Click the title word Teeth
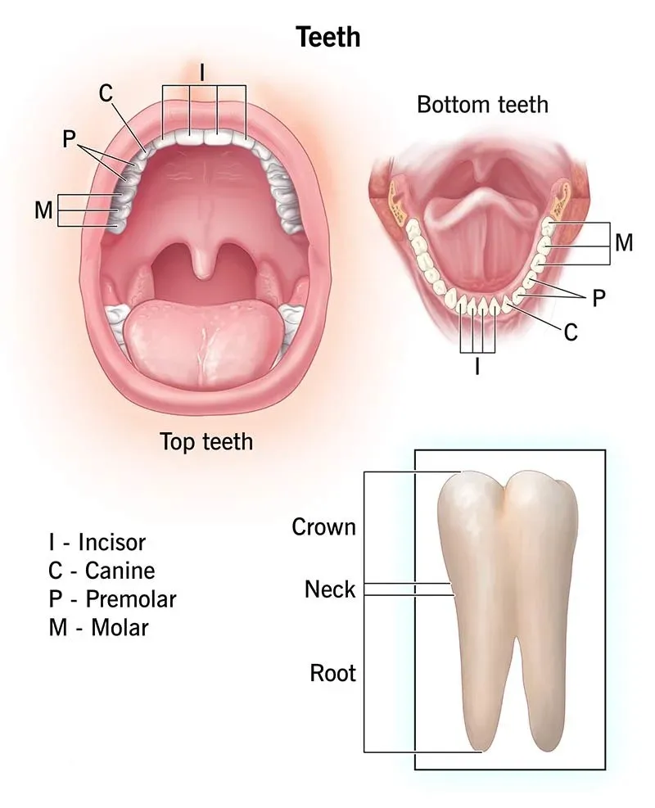click(328, 37)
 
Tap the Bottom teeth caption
click(482, 105)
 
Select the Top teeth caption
click(206, 441)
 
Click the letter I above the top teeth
click(202, 73)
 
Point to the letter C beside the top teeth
click(106, 94)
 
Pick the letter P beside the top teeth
click(69, 138)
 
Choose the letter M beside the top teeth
click(44, 210)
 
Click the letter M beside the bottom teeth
click(624, 242)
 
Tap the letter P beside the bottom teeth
click(599, 298)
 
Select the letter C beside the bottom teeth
click(571, 332)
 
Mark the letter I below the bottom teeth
click(477, 367)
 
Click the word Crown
click(323, 526)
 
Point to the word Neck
click(330, 589)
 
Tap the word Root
click(332, 673)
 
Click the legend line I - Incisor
click(97, 542)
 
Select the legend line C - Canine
click(102, 571)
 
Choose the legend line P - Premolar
click(112, 598)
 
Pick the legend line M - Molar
click(98, 628)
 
